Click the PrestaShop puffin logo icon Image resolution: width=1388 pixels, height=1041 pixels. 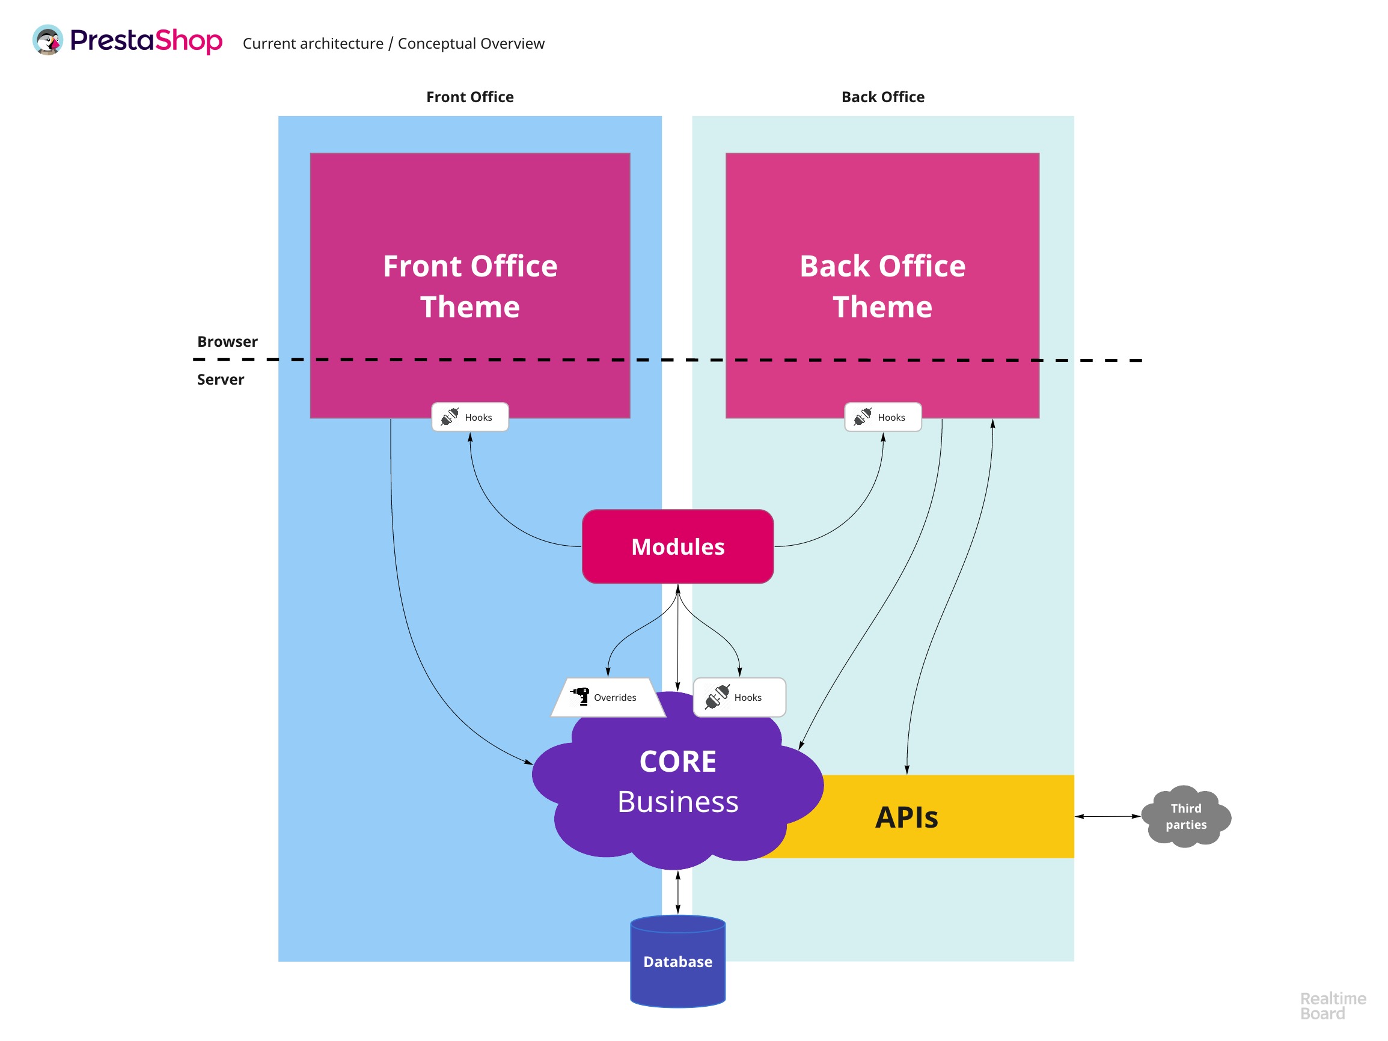pos(47,40)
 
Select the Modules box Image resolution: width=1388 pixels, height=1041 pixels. pos(677,546)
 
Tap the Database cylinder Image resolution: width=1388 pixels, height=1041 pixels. pos(677,961)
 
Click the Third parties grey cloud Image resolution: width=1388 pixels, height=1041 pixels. pos(1185,816)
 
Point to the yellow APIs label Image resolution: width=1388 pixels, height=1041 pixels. pos(906,817)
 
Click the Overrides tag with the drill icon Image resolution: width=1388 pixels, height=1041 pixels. pos(607,697)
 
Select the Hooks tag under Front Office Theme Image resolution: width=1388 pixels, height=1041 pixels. pos(470,417)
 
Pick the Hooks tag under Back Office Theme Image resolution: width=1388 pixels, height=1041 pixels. pos(883,417)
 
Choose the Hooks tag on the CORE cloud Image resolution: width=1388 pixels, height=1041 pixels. pos(739,697)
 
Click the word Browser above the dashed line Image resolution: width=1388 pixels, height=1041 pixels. pos(227,341)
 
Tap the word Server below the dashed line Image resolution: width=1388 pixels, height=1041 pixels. pos(220,380)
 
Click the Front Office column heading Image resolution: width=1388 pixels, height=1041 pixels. pos(470,97)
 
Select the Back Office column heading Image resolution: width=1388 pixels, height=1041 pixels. pos(883,97)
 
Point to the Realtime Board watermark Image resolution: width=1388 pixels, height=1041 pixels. pos(1332,1006)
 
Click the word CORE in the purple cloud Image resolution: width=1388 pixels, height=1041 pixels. pos(677,761)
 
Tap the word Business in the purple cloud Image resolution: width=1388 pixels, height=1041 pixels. pos(677,802)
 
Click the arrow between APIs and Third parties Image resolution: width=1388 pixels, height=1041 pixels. pos(1107,816)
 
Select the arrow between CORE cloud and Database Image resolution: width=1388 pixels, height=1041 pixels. pos(677,893)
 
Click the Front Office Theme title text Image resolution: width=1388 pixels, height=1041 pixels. pos(470,286)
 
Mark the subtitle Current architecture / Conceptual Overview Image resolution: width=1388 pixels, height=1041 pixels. pos(393,43)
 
